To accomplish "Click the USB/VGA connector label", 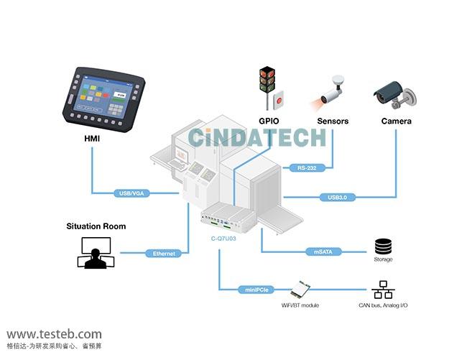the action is coord(131,193).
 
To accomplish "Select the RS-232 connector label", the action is coord(307,168).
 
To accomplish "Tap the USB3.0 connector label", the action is coord(337,197).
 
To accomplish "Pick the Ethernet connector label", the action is coord(164,254).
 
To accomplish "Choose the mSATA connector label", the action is coord(323,252).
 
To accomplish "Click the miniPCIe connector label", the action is coord(256,290).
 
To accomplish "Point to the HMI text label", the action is coord(92,139).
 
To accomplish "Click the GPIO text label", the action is coord(269,121).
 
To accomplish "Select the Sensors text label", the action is coord(333,121).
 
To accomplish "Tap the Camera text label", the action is coord(396,121).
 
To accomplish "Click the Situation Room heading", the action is coord(96,226).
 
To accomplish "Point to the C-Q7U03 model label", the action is coord(223,239).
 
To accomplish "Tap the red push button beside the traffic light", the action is coord(279,100).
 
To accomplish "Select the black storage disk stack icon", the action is coord(383,246).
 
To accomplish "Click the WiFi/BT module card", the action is coord(300,289).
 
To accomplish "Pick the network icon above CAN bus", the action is coord(383,290).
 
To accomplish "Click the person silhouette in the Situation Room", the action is coord(96,259).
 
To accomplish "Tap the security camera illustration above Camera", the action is coord(395,95).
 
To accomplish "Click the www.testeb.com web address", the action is coord(54,334).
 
